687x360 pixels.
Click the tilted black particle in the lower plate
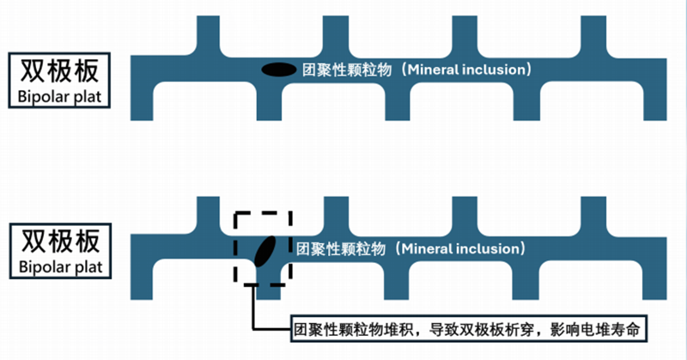click(x=264, y=251)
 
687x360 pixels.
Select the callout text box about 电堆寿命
click(x=465, y=327)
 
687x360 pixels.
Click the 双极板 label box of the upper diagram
click(x=58, y=70)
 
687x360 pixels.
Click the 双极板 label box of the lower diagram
click(x=58, y=238)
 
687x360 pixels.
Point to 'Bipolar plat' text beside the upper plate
click(x=58, y=97)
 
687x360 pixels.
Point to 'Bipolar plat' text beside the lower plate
click(x=58, y=266)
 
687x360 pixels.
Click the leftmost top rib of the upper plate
click(x=209, y=34)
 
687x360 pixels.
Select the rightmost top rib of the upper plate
click(x=593, y=34)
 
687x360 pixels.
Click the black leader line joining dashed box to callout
click(x=252, y=309)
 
